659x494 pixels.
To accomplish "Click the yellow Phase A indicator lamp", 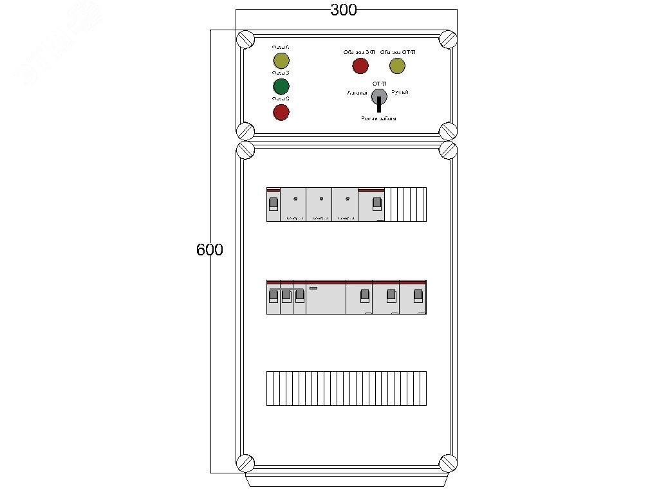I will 281,61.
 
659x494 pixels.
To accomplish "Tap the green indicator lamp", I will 281,87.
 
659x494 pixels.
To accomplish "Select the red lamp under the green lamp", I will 281,113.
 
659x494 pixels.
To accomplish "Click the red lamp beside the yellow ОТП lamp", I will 360,66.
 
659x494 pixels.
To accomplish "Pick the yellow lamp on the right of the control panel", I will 397,66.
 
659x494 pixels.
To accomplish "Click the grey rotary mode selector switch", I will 379,96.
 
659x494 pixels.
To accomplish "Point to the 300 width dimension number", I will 344,10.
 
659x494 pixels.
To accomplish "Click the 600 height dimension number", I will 210,250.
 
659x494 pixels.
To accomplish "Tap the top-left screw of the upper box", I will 245,39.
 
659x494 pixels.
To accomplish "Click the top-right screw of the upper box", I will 448,39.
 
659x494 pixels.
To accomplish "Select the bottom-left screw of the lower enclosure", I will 245,462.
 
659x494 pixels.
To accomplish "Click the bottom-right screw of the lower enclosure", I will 448,462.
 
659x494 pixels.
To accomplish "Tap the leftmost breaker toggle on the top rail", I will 273,204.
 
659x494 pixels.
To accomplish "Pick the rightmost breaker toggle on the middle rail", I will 418,295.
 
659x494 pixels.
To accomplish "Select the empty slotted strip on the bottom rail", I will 346,388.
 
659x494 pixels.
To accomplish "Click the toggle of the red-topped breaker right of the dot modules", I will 377,204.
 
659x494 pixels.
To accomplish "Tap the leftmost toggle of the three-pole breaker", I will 273,295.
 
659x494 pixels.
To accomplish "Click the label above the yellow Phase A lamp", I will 281,47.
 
